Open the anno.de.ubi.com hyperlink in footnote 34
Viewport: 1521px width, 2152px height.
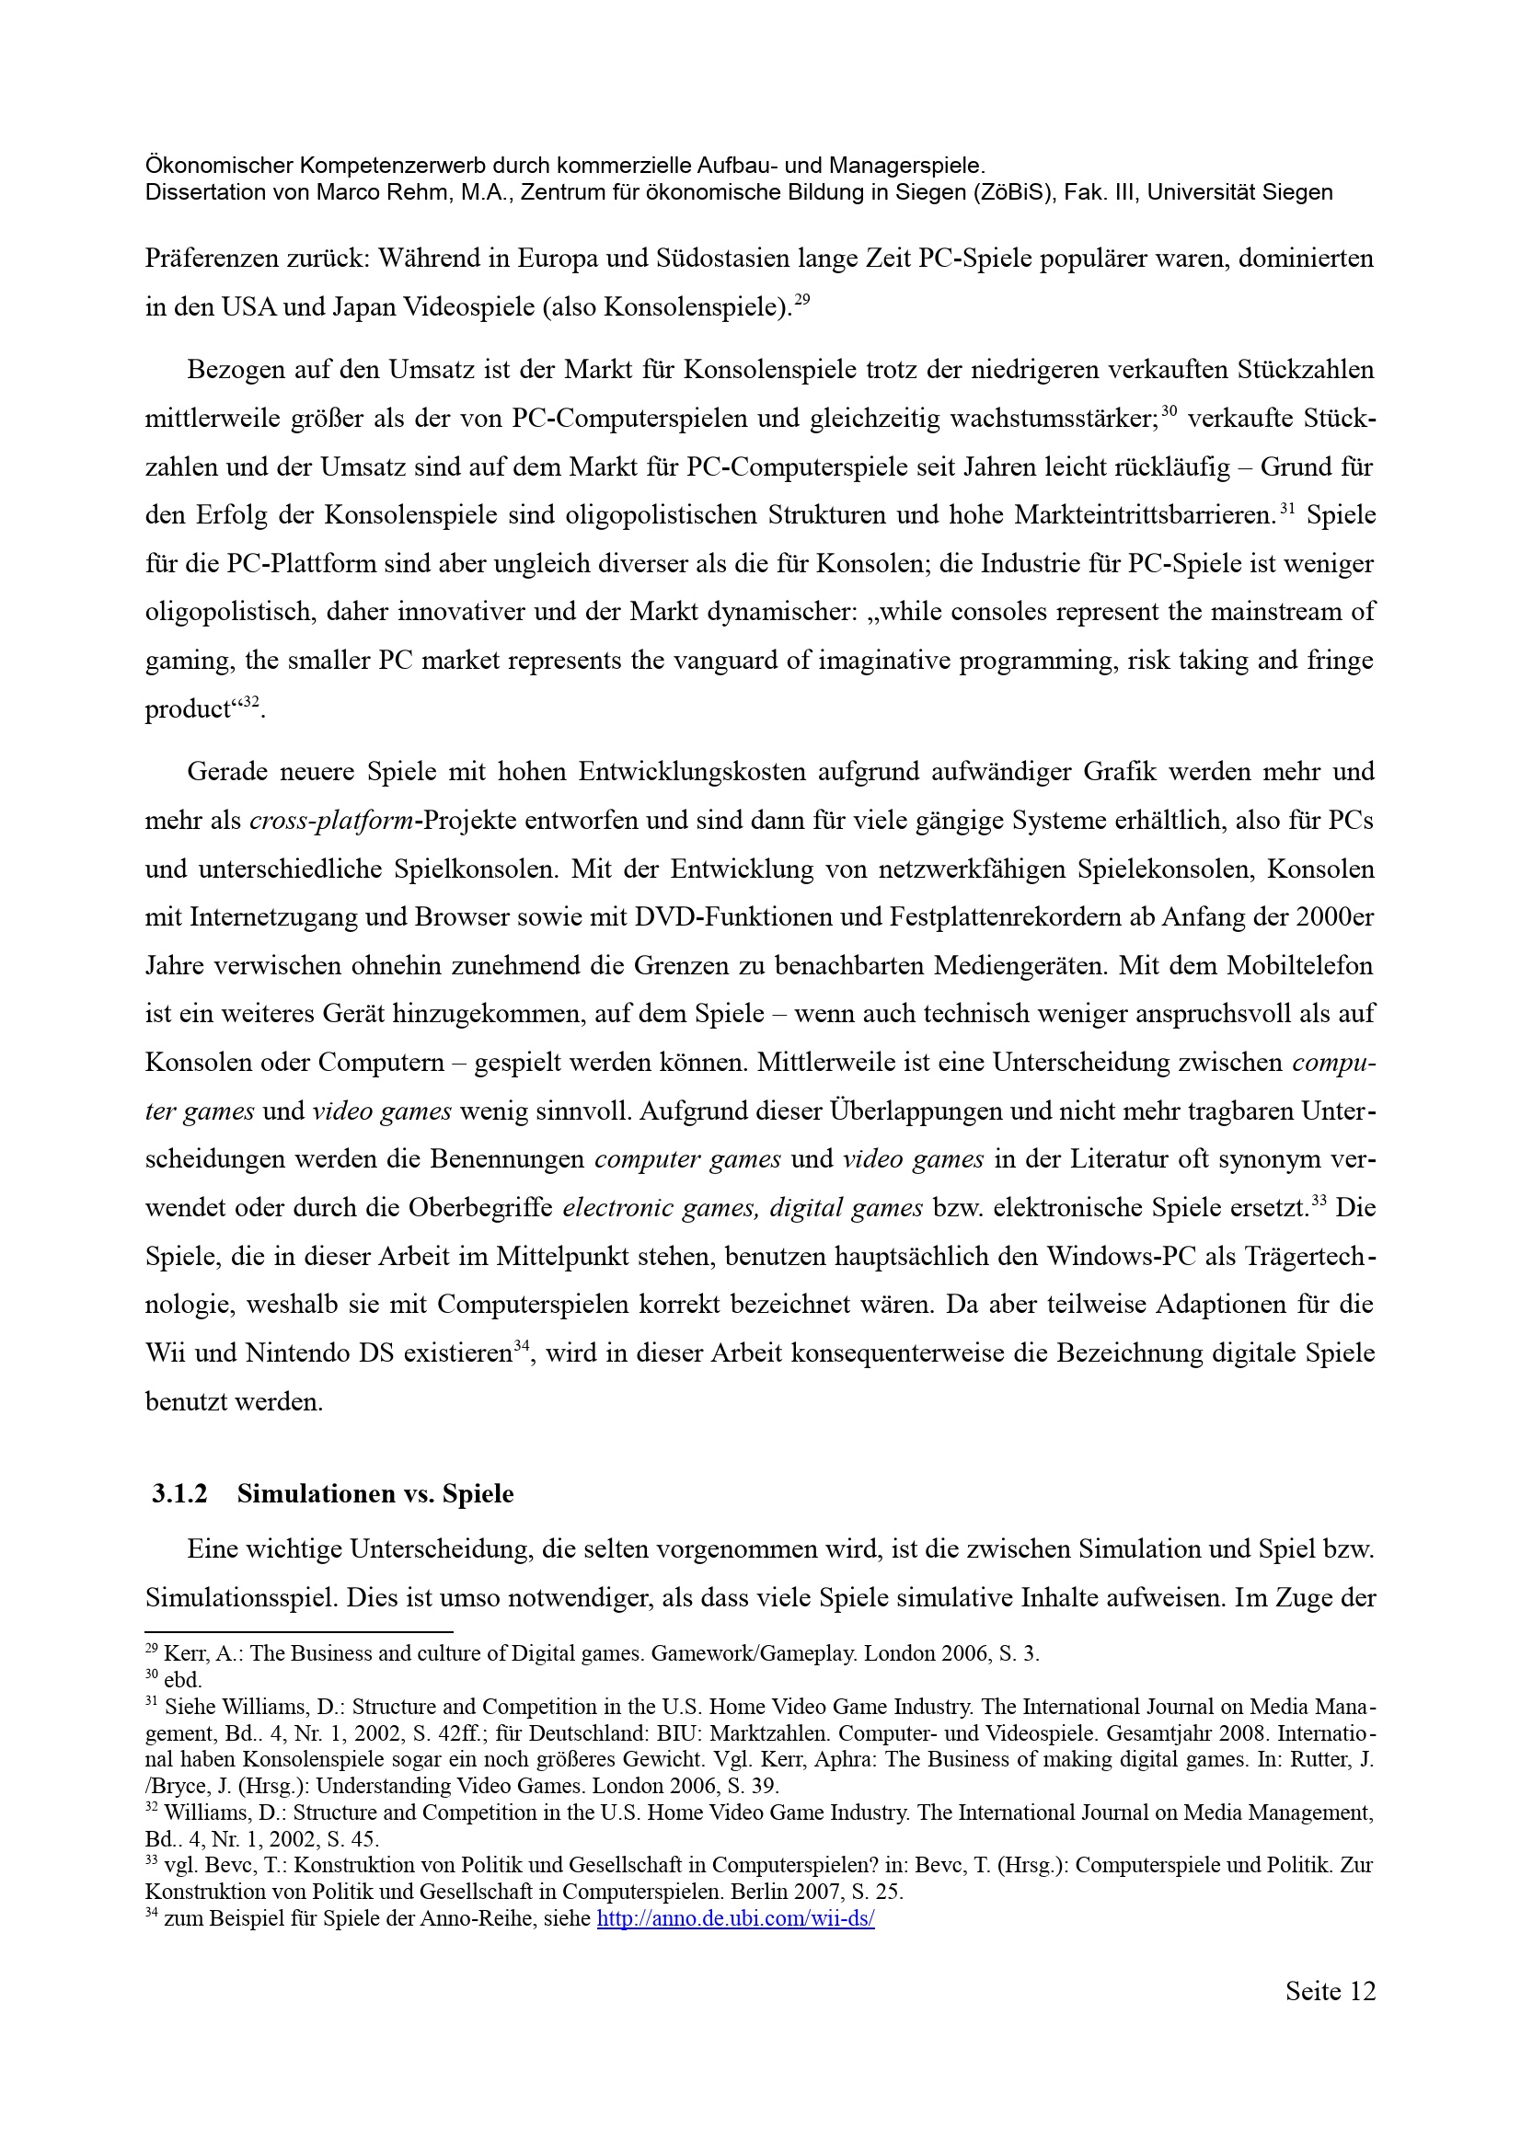(x=736, y=1918)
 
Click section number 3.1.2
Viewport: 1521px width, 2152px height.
(x=179, y=1494)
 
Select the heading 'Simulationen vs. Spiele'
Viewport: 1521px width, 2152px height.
(x=374, y=1494)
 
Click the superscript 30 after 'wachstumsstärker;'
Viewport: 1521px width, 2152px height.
(x=1169, y=410)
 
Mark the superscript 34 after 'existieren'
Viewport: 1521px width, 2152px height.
(x=522, y=1349)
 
